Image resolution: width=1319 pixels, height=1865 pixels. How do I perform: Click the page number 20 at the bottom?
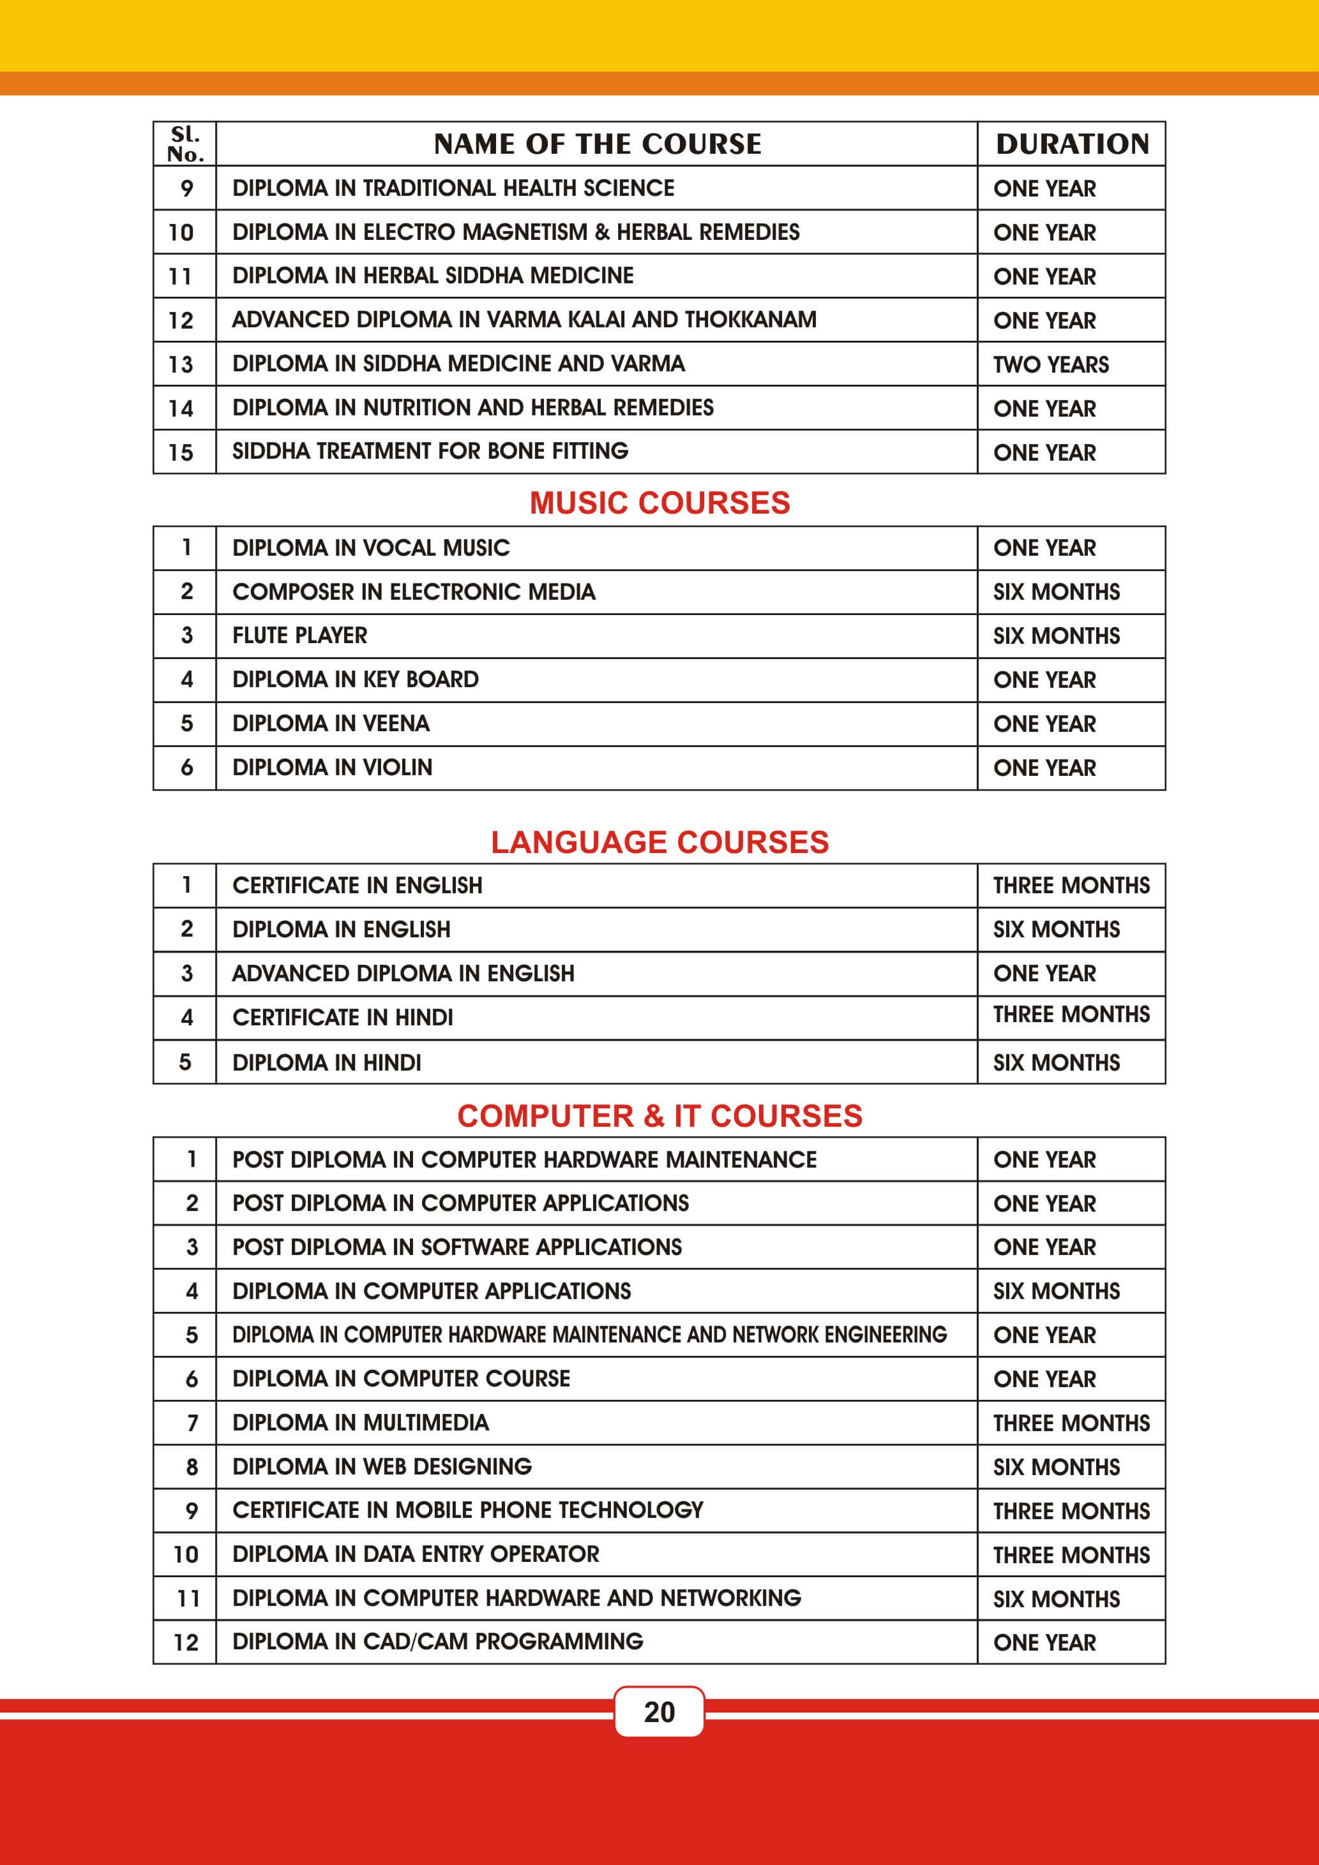[659, 1711]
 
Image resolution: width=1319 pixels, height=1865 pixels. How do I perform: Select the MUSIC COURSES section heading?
[659, 503]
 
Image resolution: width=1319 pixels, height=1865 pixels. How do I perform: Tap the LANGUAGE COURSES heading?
[659, 842]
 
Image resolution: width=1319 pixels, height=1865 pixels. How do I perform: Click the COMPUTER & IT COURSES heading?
[659, 1116]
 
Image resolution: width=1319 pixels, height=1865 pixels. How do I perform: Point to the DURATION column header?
[1072, 144]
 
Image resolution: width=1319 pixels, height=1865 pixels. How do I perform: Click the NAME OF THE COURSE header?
[598, 144]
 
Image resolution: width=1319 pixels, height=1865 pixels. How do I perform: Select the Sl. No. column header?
[185, 144]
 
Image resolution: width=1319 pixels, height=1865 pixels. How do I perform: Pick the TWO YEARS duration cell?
[1051, 364]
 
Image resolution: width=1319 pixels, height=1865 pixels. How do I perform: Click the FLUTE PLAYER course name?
[300, 635]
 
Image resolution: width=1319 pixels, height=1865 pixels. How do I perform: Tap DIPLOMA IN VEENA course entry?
[331, 723]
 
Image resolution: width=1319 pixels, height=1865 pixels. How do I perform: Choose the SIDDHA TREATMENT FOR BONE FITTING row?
[430, 451]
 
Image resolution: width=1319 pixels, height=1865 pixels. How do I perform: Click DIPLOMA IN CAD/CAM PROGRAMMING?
[437, 1642]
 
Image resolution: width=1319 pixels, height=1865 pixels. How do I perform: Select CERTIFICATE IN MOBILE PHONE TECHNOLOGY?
[467, 1510]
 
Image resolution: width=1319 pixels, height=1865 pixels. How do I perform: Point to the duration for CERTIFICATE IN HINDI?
[1071, 1014]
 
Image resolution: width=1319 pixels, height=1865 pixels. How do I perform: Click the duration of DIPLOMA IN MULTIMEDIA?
[1071, 1423]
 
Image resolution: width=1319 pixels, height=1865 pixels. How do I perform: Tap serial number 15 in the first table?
[181, 452]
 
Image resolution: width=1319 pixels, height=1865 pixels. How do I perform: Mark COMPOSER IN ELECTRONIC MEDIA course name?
[414, 591]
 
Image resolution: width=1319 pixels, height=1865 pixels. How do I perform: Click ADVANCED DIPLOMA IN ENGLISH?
[403, 973]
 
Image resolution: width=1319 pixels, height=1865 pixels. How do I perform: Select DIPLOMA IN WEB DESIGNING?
[382, 1466]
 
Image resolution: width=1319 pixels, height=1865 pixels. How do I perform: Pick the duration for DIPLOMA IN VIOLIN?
[1044, 768]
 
